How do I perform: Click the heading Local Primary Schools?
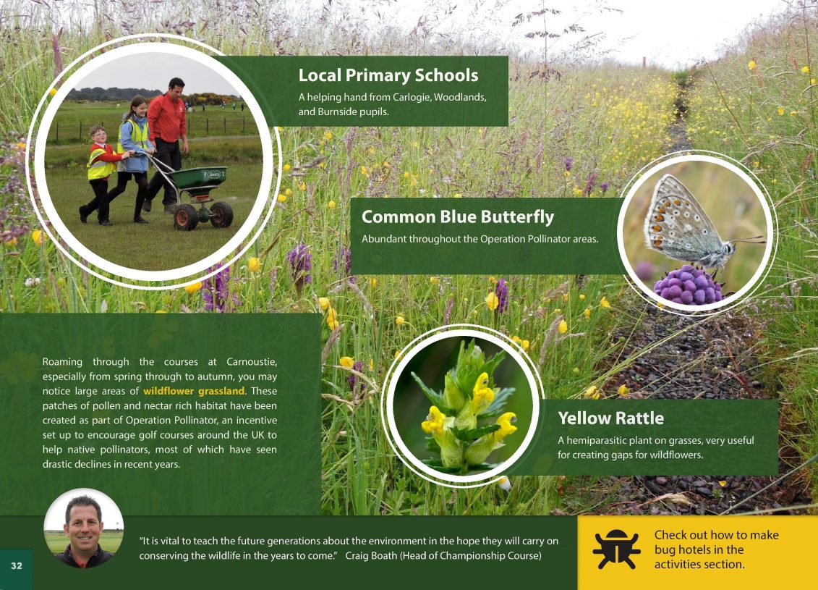pos(388,76)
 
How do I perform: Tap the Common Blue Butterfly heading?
pos(458,216)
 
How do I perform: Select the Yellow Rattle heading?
pos(611,418)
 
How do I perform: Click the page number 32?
pos(17,566)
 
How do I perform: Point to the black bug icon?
pos(616,549)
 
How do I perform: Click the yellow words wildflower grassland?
pos(194,391)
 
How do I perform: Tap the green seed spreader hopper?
pos(198,177)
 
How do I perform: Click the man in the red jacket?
pos(167,142)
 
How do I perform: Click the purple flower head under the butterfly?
pos(688,285)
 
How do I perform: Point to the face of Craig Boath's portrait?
pos(83,529)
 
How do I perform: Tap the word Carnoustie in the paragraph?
pos(252,362)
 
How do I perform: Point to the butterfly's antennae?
pos(749,240)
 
